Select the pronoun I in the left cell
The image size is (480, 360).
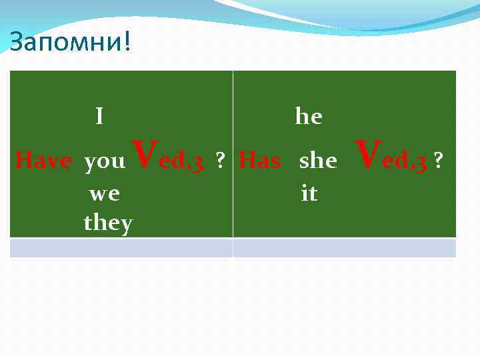[99, 117]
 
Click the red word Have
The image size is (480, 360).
[43, 161]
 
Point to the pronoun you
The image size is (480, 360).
[105, 161]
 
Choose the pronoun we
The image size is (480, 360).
[105, 194]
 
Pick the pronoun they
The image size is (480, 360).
[108, 223]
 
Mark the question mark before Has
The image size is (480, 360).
[218, 161]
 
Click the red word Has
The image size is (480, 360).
[259, 161]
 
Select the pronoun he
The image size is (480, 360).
[309, 117]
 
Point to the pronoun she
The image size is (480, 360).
[318, 161]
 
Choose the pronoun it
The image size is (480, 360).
[309, 194]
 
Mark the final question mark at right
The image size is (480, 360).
[438, 161]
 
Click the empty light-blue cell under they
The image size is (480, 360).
[121, 248]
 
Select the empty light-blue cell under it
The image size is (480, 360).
[344, 248]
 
